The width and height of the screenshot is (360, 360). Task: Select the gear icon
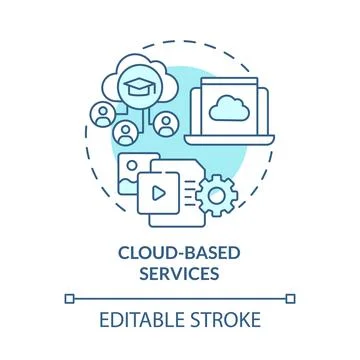pyautogui.click(x=214, y=195)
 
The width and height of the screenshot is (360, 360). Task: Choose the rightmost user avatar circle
pyautogui.click(x=165, y=125)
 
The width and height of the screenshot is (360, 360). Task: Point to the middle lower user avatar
pyautogui.click(x=125, y=132)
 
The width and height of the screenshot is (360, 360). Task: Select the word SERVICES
pyautogui.click(x=179, y=271)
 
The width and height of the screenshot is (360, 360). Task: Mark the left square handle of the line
pyautogui.click(x=68, y=297)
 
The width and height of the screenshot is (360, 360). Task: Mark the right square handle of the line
pyautogui.click(x=291, y=297)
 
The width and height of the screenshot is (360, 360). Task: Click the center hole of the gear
pyautogui.click(x=214, y=195)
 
